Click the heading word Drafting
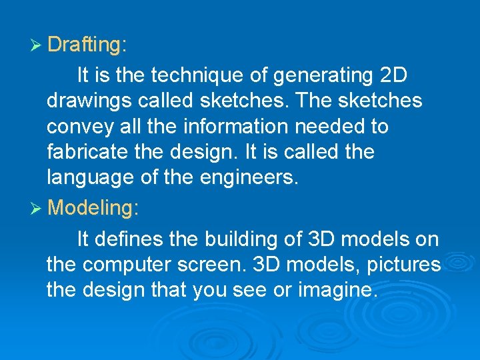84,45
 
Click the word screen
217,265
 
